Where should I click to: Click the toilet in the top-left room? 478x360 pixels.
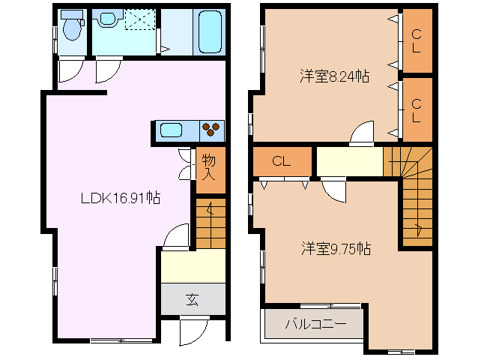coord(73,28)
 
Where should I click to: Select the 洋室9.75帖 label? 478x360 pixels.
coord(336,247)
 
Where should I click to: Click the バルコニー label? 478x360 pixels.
coord(315,325)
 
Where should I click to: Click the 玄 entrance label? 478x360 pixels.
coord(192,300)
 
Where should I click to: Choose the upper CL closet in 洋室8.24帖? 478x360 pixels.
coord(416,40)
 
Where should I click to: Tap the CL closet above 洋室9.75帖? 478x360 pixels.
coord(281,161)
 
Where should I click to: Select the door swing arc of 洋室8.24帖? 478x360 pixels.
coord(362,133)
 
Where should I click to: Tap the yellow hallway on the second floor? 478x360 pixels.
coord(349,160)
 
